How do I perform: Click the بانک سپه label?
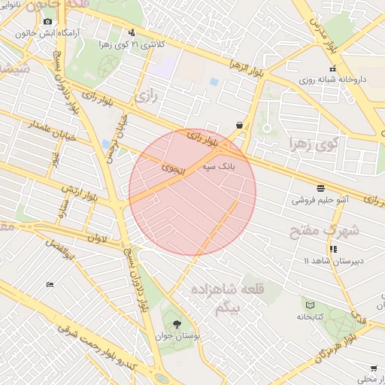215,170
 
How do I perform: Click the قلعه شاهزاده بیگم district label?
239,298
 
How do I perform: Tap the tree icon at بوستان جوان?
177,325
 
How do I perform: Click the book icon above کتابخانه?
310,305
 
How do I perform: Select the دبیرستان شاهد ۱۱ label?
332,260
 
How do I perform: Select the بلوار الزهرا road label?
249,73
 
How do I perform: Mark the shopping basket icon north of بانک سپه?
239,125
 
